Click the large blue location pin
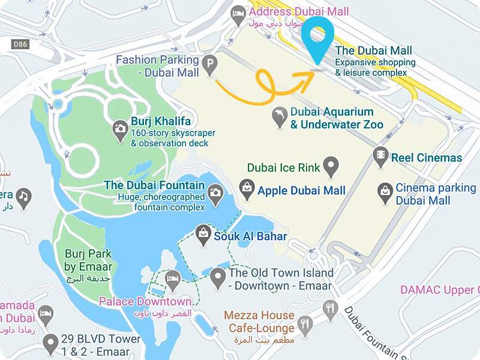coord(318,36)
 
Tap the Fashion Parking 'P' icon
coord(210,62)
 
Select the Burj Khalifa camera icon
coord(120,128)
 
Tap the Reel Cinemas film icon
coord(380,157)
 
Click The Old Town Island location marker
coord(218,276)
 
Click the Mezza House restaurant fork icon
coord(329,310)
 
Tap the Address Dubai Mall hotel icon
coord(238,13)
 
